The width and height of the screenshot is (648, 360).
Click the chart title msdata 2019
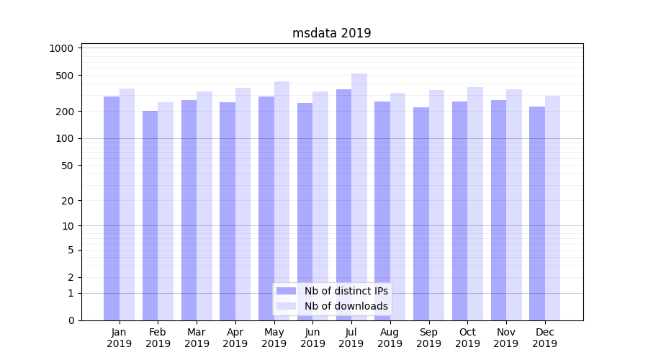click(331, 33)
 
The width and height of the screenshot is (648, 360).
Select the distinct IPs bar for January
click(112, 209)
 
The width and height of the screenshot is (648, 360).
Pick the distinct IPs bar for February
click(150, 216)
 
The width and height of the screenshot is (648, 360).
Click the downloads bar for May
click(282, 201)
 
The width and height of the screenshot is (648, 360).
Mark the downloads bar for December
click(552, 208)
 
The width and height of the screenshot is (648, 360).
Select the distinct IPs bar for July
click(343, 205)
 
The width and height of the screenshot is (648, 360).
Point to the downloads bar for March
click(204, 206)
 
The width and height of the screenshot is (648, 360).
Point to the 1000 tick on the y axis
click(61, 48)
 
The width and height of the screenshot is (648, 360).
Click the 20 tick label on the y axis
click(67, 201)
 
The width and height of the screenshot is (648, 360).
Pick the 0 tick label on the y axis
click(71, 320)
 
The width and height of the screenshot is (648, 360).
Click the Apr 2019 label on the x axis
click(235, 338)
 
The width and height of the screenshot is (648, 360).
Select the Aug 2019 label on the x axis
click(390, 338)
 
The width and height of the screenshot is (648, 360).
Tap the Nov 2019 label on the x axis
click(506, 338)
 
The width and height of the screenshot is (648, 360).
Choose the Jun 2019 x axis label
click(312, 338)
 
